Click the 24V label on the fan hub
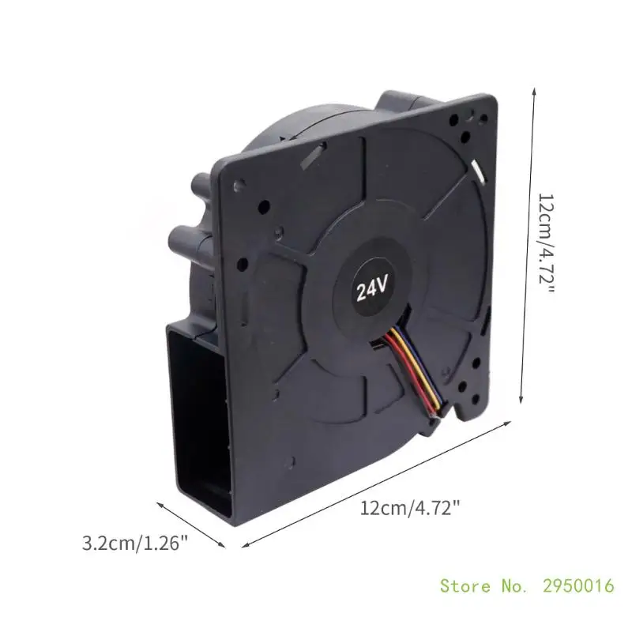pos(372,288)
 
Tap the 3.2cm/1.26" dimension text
pos(135,543)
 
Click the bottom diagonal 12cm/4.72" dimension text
pos(409,508)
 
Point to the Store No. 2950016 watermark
pos(527,585)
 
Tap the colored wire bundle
pos(416,371)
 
